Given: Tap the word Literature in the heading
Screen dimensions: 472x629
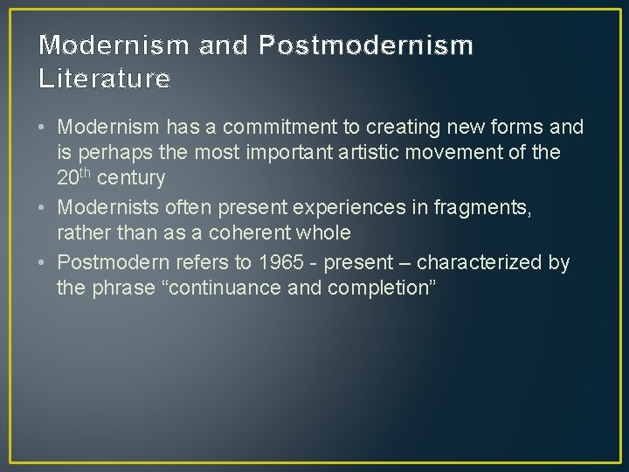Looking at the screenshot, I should (105, 80).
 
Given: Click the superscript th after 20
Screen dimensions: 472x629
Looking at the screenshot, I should (86, 174).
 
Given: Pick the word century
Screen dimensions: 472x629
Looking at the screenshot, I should (131, 178).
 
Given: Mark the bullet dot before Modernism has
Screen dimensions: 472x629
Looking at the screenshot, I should (44, 128).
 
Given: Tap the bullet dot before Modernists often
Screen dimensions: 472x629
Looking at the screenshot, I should (44, 207).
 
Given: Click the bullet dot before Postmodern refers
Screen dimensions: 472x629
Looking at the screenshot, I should (44, 262).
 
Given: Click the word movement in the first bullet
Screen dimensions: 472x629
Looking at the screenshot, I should (483, 153).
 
